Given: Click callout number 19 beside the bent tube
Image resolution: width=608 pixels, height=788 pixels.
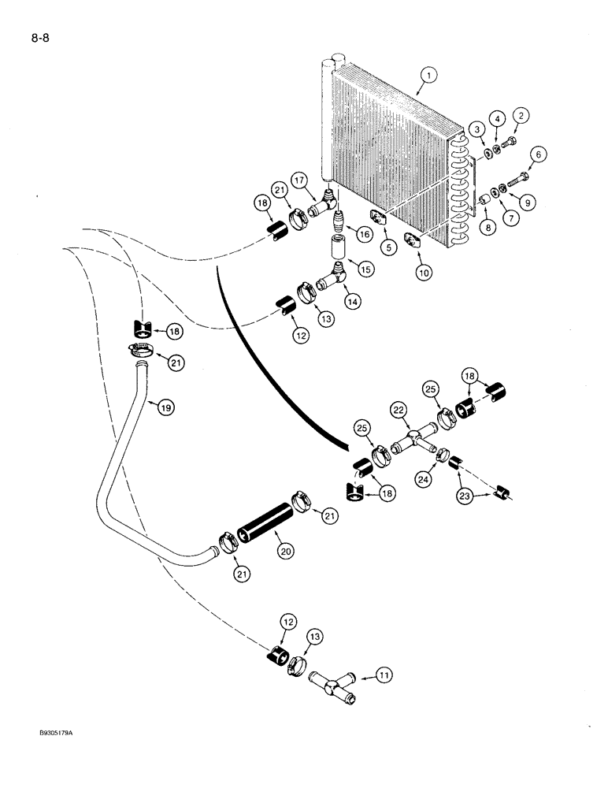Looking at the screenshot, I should coord(166,407).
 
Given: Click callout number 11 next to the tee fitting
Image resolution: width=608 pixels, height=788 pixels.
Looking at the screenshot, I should coord(385,675).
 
